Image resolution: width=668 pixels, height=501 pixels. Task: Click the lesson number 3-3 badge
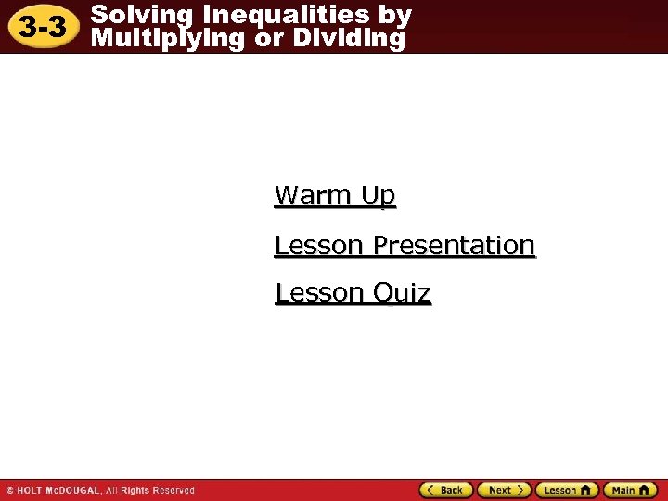(x=44, y=28)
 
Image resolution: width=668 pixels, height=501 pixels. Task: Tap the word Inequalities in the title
(x=282, y=15)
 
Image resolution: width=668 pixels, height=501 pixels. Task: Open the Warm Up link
(x=335, y=196)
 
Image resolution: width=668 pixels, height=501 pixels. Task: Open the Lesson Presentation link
(x=405, y=245)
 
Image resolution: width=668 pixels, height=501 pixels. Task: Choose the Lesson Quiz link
(x=353, y=293)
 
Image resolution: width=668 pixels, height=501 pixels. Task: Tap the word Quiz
(x=402, y=293)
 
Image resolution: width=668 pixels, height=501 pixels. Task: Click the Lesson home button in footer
(x=567, y=490)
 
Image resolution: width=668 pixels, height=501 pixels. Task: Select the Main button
(x=629, y=490)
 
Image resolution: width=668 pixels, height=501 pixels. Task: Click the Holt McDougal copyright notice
(x=100, y=490)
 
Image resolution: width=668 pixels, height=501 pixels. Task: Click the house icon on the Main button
(x=646, y=490)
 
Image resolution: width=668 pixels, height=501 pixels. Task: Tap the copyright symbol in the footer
(x=10, y=490)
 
